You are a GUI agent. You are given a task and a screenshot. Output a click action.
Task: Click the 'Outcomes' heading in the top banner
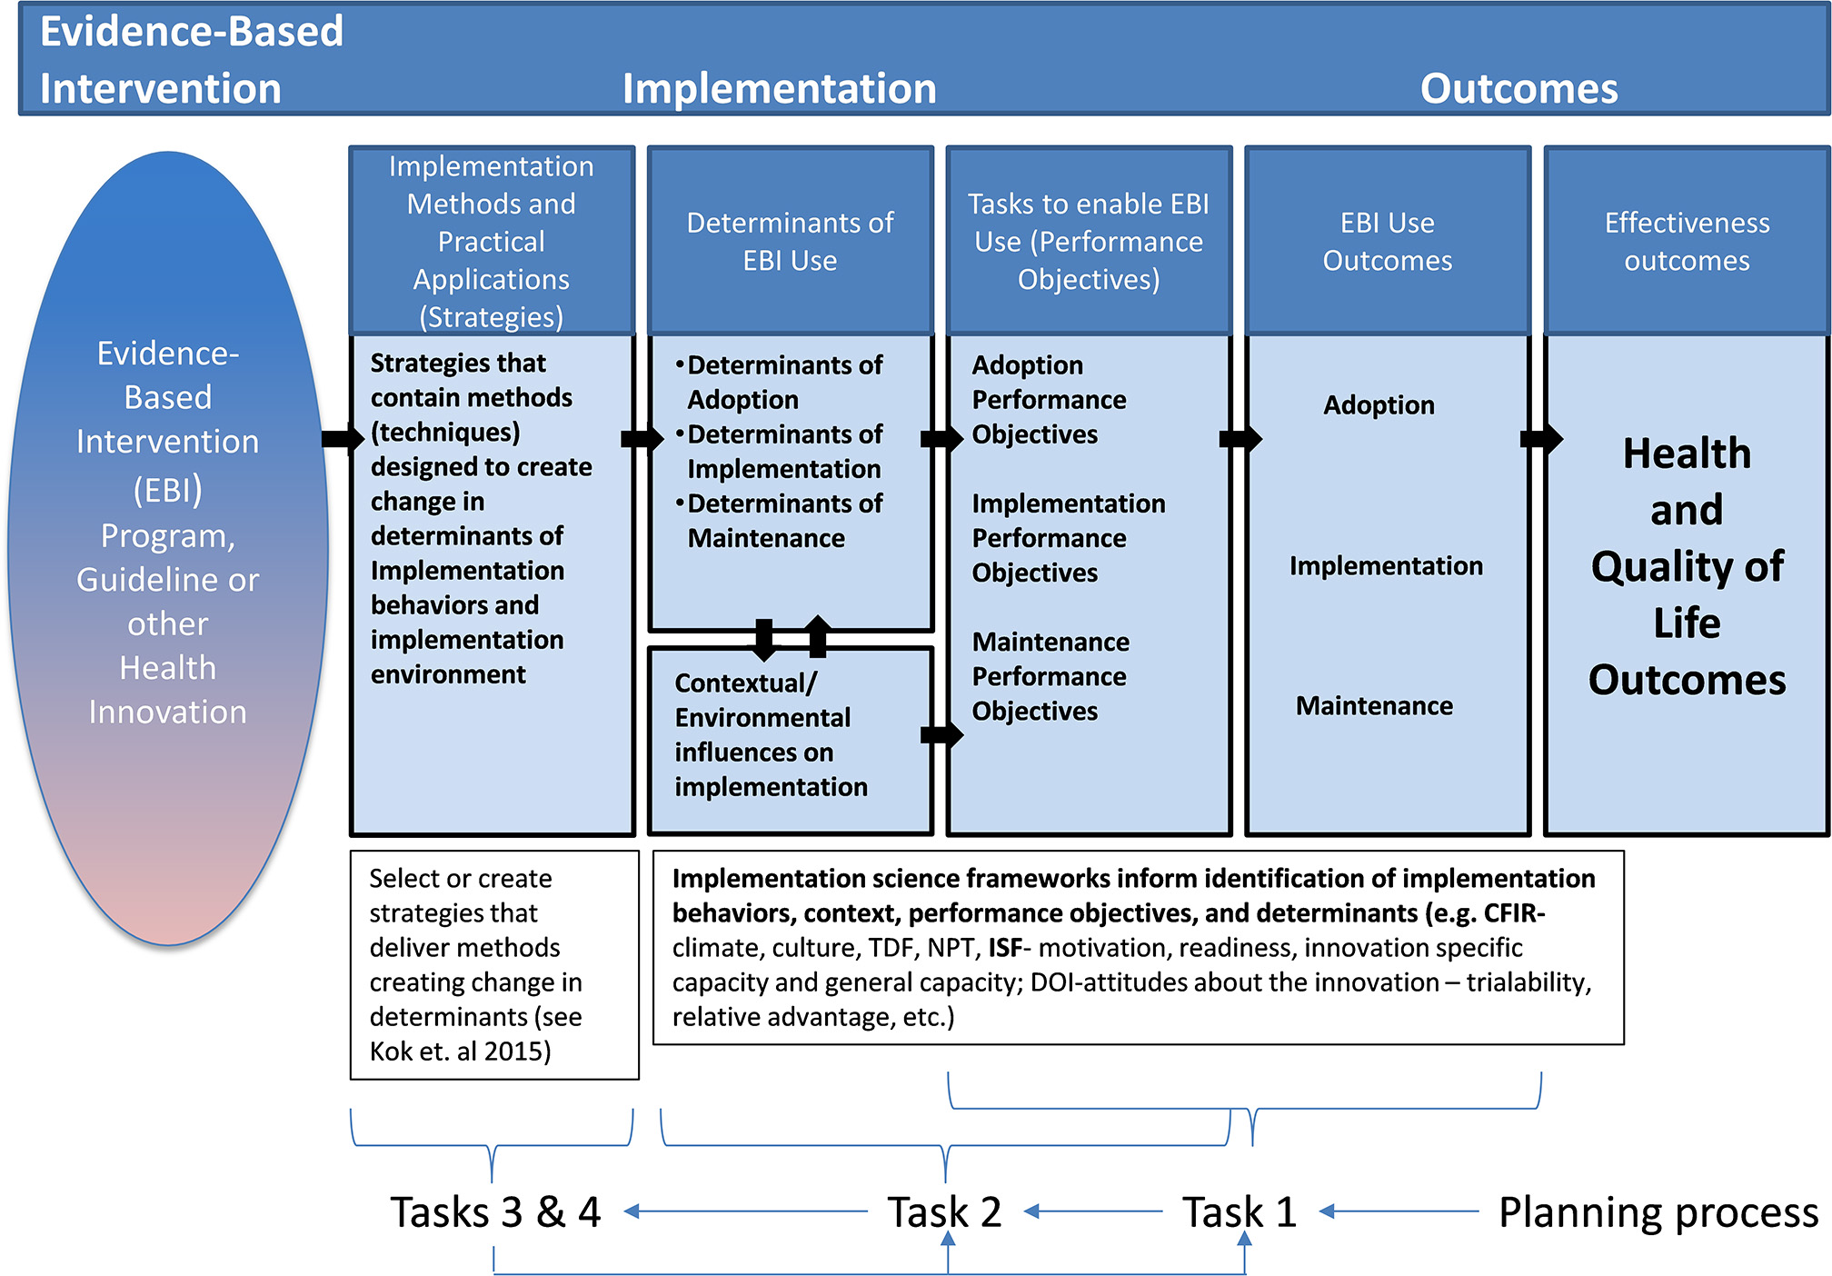click(1518, 89)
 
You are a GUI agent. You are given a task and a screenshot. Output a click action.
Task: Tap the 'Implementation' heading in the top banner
click(779, 89)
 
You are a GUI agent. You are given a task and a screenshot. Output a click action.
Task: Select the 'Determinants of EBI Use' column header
click(790, 241)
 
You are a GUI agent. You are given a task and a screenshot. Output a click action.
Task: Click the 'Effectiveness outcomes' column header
click(1687, 241)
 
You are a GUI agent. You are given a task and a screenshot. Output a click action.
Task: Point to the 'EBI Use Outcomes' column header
click(1387, 241)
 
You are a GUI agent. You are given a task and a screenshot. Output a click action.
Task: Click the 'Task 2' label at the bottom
click(944, 1211)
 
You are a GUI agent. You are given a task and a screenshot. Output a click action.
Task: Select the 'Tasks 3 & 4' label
click(495, 1211)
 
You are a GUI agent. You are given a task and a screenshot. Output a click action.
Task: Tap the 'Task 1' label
click(1239, 1211)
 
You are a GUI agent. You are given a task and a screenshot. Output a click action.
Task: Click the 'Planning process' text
click(1658, 1211)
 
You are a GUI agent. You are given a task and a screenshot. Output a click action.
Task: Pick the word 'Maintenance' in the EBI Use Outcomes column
click(1374, 705)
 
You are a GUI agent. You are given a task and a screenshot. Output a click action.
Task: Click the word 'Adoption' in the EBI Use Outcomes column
click(1379, 404)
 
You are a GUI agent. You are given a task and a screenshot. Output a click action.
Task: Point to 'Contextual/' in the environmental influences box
click(745, 683)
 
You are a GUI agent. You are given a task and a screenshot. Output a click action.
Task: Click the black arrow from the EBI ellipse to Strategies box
click(343, 439)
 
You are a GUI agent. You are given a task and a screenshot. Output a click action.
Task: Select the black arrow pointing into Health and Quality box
click(1541, 439)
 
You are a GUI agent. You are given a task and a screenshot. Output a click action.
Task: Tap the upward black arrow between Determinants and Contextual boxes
click(818, 635)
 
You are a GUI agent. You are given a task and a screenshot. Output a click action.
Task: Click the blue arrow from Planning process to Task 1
click(1399, 1211)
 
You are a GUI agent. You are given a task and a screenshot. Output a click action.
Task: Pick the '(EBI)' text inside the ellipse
click(168, 490)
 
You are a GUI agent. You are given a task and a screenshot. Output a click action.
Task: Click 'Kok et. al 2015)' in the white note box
click(460, 1052)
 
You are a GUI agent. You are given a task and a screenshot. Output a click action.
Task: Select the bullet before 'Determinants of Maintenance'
click(679, 503)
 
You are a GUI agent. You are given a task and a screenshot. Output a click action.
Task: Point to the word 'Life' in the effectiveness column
click(1687, 623)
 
